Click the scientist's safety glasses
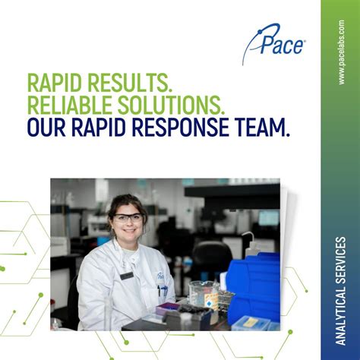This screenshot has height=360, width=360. pos(127,218)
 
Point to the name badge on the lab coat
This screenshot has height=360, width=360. pos(126,276)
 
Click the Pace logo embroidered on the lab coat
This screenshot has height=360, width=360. pos(160,277)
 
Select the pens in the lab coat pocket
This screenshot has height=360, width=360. pos(162,289)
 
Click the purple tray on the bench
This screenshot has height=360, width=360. pos(168,308)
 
